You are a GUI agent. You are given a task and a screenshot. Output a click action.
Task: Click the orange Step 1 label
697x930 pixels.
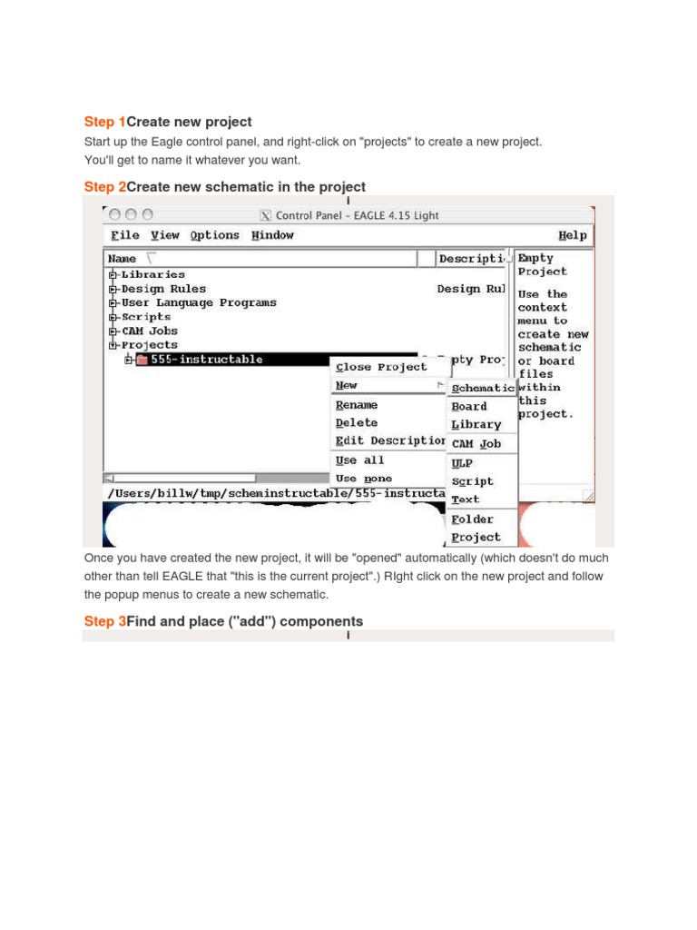pos(104,122)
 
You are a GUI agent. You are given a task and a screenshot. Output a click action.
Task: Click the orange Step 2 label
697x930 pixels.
pos(104,187)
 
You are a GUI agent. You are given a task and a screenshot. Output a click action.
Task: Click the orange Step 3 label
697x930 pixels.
pos(104,621)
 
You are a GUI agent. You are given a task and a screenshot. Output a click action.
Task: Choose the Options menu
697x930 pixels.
pos(214,235)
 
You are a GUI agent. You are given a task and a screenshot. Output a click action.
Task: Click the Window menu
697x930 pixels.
pos(272,235)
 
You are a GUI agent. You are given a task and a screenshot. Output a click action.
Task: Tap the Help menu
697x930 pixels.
pos(572,235)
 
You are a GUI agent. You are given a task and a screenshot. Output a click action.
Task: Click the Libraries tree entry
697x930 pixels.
pos(152,274)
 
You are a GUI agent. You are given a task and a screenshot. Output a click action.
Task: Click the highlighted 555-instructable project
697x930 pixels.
pos(207,360)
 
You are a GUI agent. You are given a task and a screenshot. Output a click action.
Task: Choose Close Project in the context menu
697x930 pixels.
pos(380,367)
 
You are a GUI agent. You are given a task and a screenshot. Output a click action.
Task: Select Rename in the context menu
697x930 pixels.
pos(357,405)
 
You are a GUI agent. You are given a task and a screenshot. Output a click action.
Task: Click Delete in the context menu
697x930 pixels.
pos(357,423)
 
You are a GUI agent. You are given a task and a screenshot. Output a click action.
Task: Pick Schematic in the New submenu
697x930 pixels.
pos(483,388)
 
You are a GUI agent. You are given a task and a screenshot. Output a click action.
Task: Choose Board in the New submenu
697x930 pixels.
pos(469,407)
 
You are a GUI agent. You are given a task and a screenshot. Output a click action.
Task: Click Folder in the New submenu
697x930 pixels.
pos(472,519)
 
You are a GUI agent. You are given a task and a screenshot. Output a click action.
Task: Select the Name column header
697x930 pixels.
pos(123,259)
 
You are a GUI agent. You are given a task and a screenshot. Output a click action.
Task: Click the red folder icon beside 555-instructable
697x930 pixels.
pos(142,360)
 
